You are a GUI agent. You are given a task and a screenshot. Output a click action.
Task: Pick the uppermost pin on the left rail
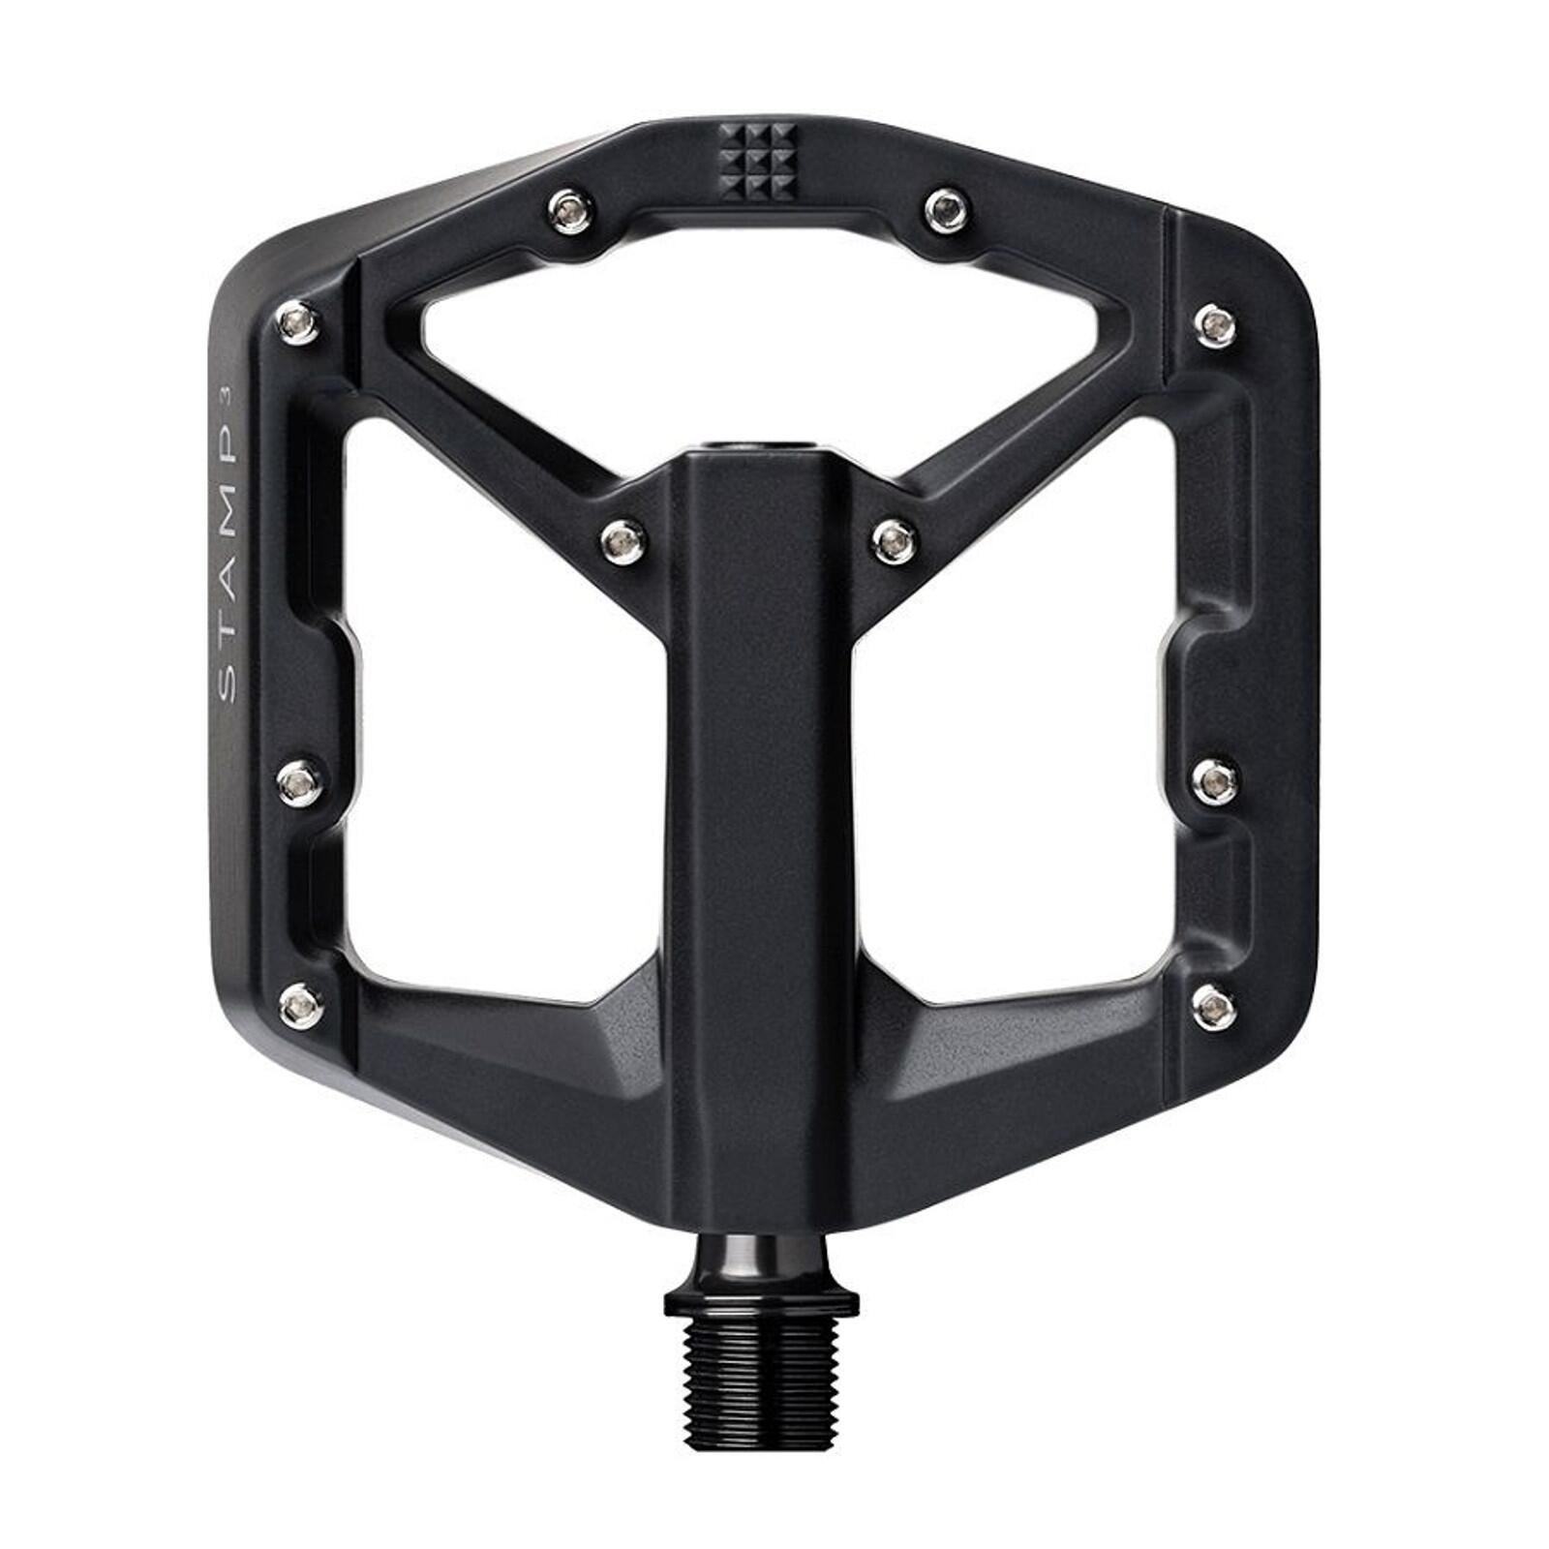tap(297, 320)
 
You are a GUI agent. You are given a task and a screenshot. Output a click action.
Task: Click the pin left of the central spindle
tap(622, 538)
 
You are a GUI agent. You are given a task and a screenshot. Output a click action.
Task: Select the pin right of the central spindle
tap(892, 538)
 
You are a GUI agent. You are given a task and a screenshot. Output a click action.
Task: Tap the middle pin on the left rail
tap(297, 781)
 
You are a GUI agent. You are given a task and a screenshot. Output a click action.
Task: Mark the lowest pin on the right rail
tap(1212, 1006)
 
